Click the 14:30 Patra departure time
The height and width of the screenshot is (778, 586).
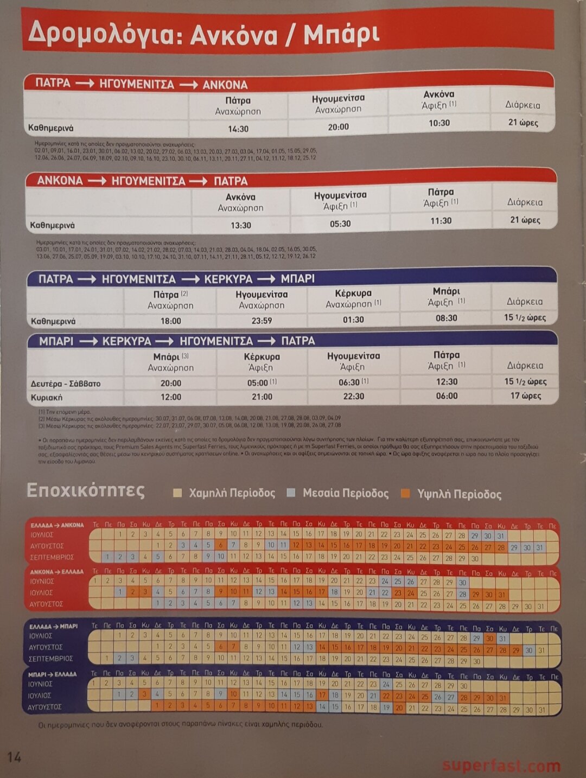click(x=238, y=129)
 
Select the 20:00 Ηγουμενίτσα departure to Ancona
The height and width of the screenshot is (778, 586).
click(x=338, y=126)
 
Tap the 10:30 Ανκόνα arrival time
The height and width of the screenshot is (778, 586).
click(x=439, y=123)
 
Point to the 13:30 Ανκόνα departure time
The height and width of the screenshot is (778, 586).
click(x=241, y=225)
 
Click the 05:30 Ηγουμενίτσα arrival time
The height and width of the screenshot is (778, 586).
click(x=340, y=224)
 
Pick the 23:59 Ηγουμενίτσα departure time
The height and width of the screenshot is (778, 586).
click(x=262, y=321)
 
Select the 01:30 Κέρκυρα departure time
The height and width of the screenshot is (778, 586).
click(x=353, y=320)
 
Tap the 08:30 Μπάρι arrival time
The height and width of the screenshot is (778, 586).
click(x=447, y=318)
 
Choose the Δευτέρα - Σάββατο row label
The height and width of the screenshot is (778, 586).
click(x=66, y=384)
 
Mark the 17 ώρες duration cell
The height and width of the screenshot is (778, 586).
click(x=525, y=396)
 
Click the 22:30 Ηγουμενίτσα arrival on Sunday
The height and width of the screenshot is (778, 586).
click(x=353, y=396)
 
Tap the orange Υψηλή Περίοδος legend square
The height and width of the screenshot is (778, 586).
click(x=405, y=493)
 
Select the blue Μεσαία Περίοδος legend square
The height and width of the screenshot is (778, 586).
click(x=291, y=493)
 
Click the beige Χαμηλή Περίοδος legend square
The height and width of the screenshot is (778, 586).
click(x=177, y=493)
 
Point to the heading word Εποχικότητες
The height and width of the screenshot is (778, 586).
click(x=86, y=490)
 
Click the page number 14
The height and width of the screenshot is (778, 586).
click(x=14, y=757)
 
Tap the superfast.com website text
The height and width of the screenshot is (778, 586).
click(x=501, y=766)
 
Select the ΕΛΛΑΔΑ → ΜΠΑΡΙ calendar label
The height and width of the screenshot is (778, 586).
click(x=54, y=626)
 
